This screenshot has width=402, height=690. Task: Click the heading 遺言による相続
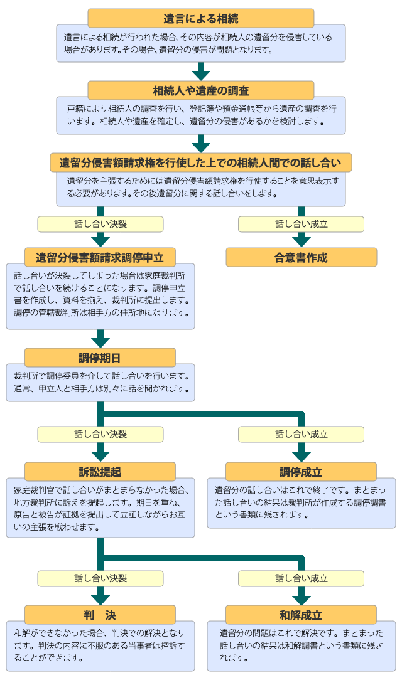coord(200,18)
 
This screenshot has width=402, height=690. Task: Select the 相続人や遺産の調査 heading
coord(200,90)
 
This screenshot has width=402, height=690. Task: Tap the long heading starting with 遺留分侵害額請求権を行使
coord(200,163)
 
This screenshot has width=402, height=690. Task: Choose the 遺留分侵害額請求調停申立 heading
coord(100,257)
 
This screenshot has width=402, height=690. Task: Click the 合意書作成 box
coord(301,257)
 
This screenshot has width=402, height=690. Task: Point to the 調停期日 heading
coord(100,358)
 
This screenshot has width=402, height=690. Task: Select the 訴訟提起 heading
coord(100,472)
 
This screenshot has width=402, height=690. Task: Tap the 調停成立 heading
coord(301,472)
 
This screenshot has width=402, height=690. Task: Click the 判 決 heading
coord(100,615)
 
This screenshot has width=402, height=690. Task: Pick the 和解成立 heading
coord(301,615)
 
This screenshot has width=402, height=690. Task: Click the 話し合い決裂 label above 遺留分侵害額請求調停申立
coord(100,224)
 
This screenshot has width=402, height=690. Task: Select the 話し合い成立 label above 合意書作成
coord(301,224)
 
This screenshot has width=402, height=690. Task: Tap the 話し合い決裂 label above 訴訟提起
coord(100,434)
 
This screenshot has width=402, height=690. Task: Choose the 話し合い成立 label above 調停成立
coord(301,434)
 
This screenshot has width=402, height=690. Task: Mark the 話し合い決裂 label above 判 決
coord(100,578)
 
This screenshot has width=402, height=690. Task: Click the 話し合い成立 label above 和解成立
coord(301,578)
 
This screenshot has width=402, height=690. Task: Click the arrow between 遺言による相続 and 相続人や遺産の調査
coord(200,71)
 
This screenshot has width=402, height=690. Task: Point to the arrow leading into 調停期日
coord(100,339)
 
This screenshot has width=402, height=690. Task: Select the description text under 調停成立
coord(301,502)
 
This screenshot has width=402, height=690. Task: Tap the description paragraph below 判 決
coord(100,645)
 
